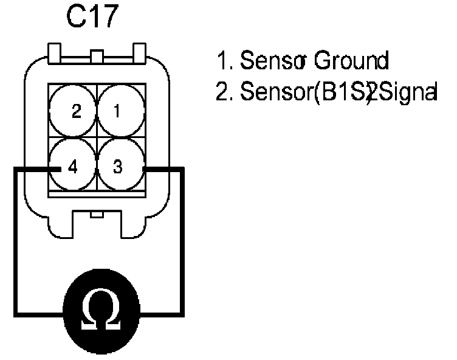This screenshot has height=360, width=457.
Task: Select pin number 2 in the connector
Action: (75, 111)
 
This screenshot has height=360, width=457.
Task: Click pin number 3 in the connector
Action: (119, 167)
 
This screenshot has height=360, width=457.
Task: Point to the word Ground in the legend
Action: (351, 60)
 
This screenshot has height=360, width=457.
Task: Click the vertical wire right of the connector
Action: (182, 243)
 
